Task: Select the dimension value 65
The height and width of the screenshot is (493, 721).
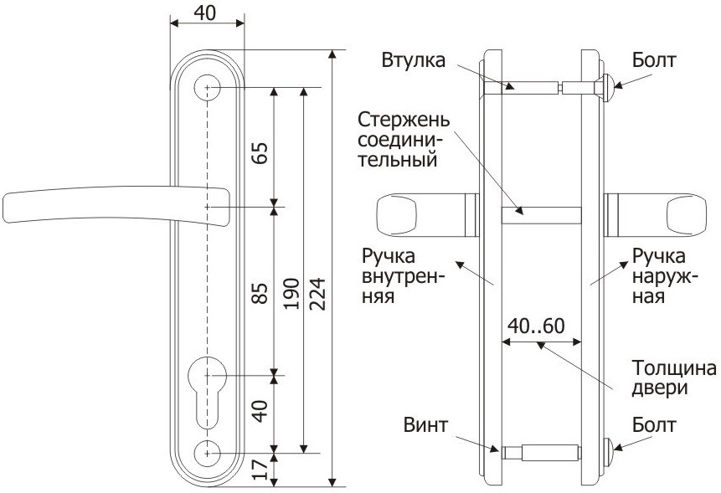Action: click(x=260, y=155)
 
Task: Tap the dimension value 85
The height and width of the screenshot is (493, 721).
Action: click(x=260, y=293)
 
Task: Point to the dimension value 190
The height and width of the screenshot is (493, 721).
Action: click(x=291, y=293)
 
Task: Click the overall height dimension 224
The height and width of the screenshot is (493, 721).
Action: click(x=319, y=293)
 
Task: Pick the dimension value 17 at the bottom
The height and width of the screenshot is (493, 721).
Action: click(x=260, y=470)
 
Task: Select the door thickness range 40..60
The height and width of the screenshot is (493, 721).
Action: click(x=539, y=326)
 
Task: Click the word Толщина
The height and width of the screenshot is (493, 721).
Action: click(x=674, y=369)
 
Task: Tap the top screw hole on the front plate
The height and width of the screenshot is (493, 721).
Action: click(x=207, y=88)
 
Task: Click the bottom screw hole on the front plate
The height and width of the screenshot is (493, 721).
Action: click(x=206, y=452)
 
